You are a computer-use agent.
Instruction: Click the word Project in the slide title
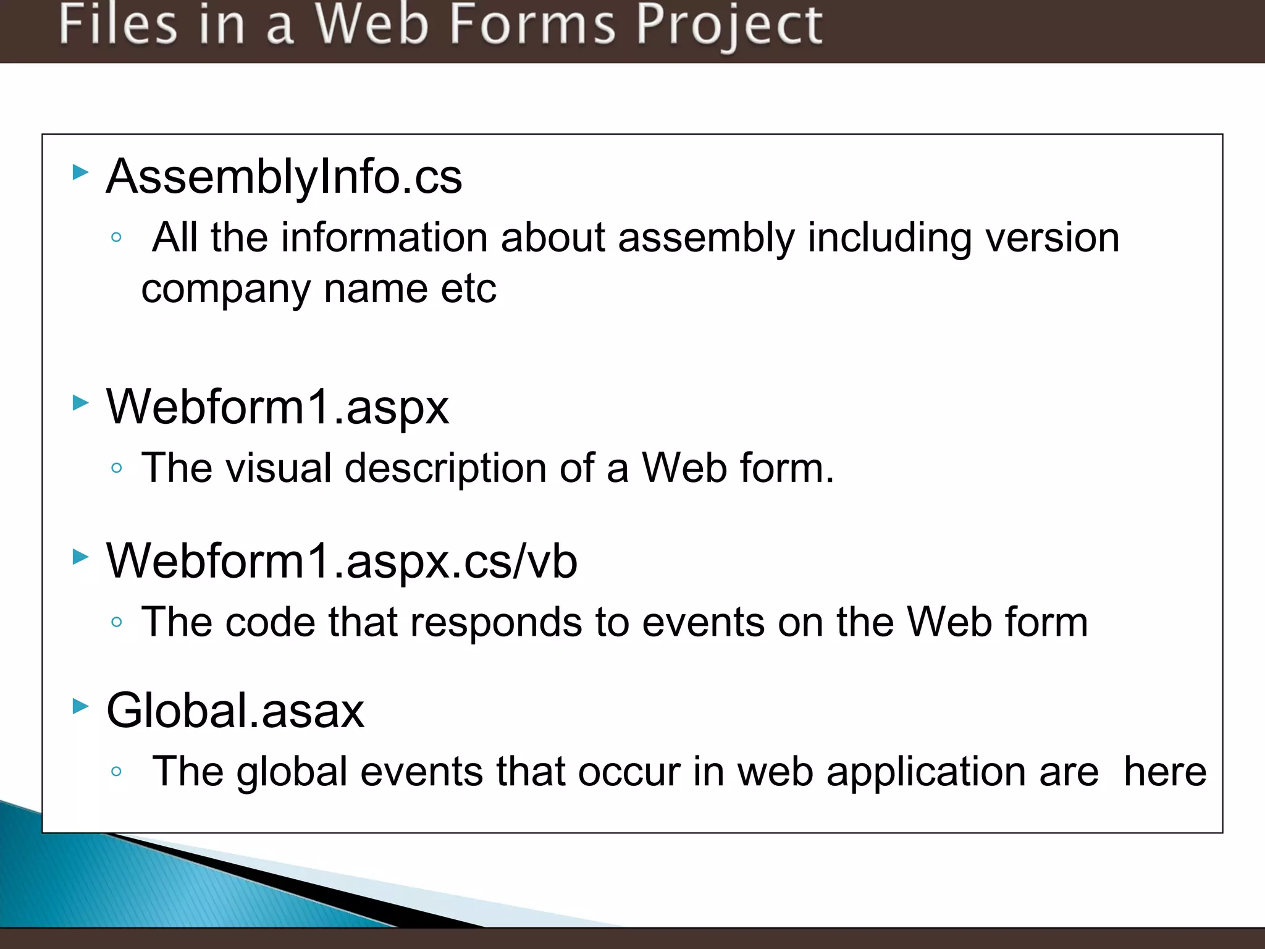tap(729, 26)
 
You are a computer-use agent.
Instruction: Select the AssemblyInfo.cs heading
tap(284, 177)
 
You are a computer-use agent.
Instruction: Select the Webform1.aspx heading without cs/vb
tap(277, 408)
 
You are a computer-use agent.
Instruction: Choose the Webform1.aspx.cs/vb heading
tap(342, 562)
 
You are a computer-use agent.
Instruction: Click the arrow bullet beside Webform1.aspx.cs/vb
tap(80, 557)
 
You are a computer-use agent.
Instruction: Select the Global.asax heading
tap(235, 711)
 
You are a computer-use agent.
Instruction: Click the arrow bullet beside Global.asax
tap(80, 706)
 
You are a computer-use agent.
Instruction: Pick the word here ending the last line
tap(1164, 772)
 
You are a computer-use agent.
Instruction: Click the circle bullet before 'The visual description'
tap(116, 468)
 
